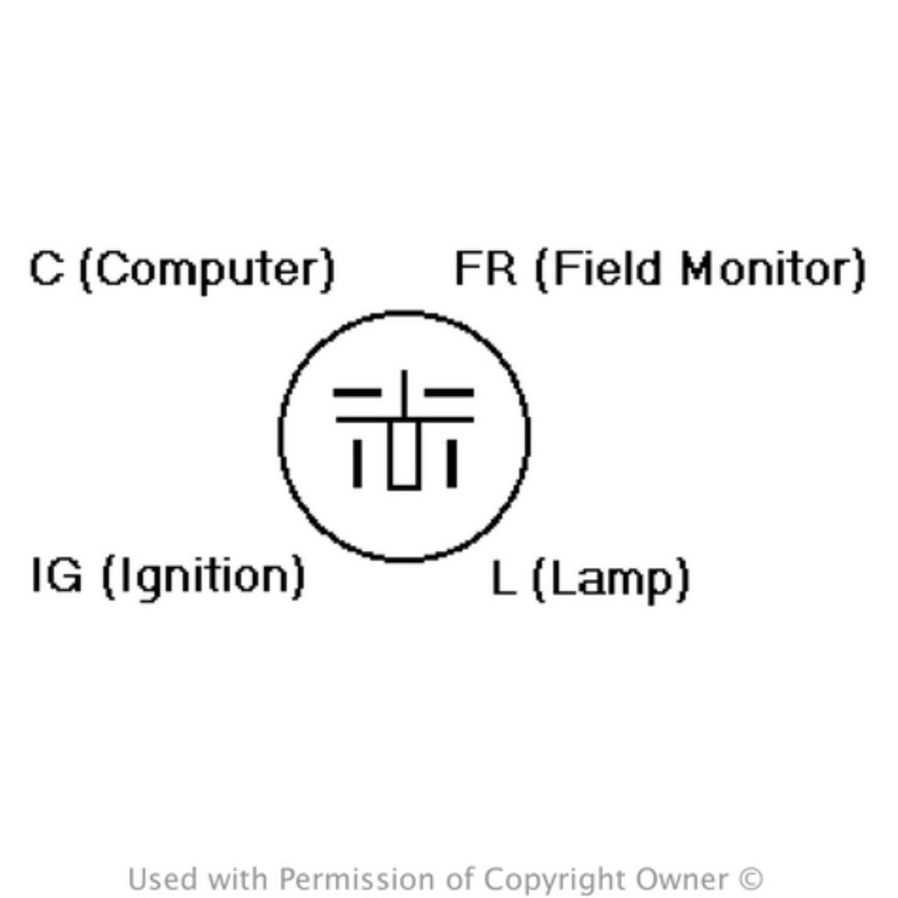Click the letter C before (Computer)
(46, 268)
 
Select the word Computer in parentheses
(207, 271)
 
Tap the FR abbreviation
(485, 268)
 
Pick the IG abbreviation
(57, 574)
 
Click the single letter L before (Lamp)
(504, 578)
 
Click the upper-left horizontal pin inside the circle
(358, 392)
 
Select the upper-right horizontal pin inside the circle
(449, 392)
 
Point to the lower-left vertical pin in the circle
(358, 463)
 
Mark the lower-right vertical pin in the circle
(452, 463)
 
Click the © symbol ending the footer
(751, 879)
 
